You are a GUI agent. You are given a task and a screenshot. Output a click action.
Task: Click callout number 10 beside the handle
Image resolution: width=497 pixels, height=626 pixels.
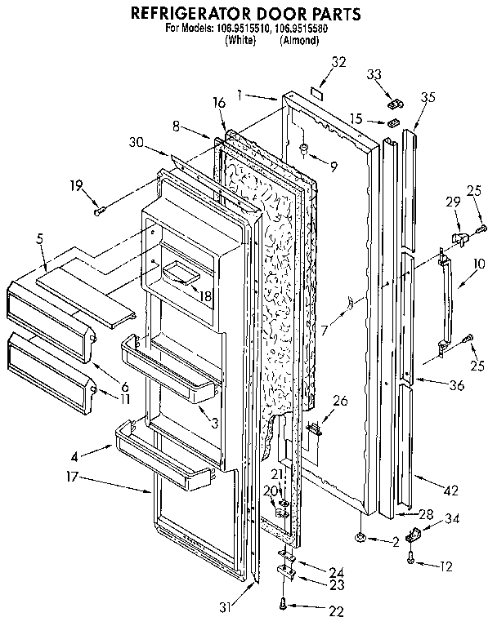(478, 264)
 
